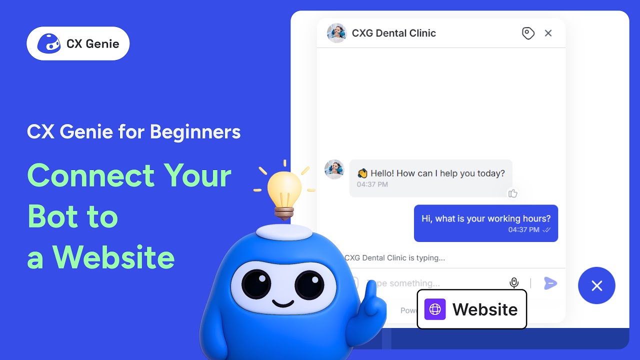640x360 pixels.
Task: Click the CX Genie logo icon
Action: pyautogui.click(x=49, y=43)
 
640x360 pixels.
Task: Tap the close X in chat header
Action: pyautogui.click(x=548, y=33)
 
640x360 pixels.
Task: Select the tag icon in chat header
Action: pyautogui.click(x=528, y=33)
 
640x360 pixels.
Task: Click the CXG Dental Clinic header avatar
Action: pyautogui.click(x=336, y=33)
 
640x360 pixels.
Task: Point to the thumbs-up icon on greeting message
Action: pyautogui.click(x=512, y=193)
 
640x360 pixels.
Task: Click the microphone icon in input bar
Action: pyautogui.click(x=514, y=283)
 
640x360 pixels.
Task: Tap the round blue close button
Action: pyautogui.click(x=596, y=285)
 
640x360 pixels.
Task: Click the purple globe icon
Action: pyautogui.click(x=435, y=309)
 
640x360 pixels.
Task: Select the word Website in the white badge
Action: pyautogui.click(x=485, y=309)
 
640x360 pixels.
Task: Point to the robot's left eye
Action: pyautogui.click(x=256, y=284)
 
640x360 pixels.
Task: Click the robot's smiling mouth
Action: pyautogui.click(x=283, y=303)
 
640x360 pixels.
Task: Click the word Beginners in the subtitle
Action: pyautogui.click(x=195, y=132)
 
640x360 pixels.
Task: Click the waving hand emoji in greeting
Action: pyautogui.click(x=362, y=173)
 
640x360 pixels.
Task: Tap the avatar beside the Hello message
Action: pyautogui.click(x=334, y=169)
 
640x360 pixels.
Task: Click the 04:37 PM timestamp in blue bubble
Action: pyautogui.click(x=523, y=230)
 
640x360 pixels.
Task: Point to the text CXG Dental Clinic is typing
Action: pyautogui.click(x=394, y=258)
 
